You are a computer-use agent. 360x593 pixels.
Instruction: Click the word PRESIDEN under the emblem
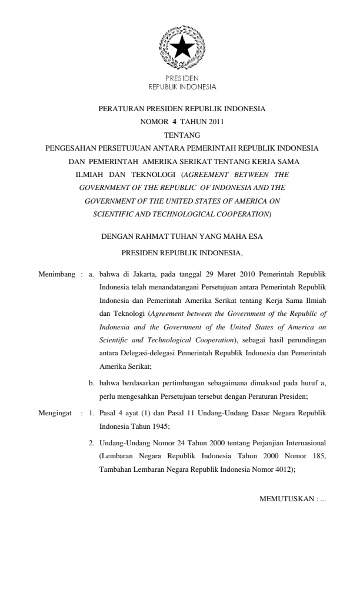[x=182, y=78]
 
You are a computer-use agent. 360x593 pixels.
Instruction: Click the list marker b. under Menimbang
[x=92, y=383]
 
